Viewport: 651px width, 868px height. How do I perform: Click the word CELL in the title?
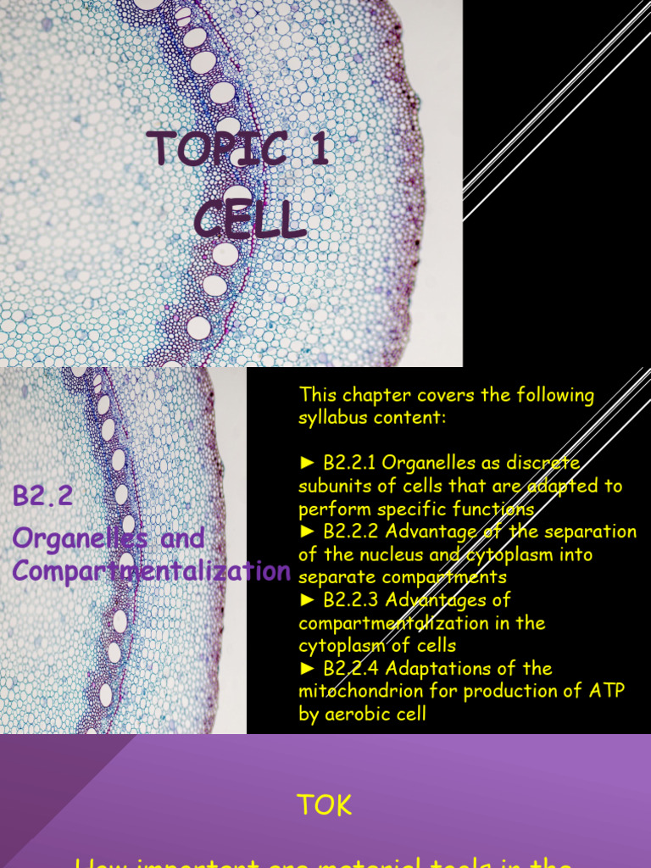(x=249, y=220)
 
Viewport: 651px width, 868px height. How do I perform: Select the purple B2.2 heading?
(x=42, y=496)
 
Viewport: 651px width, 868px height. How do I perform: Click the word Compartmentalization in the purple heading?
(x=152, y=570)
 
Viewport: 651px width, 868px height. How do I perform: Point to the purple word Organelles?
(x=77, y=537)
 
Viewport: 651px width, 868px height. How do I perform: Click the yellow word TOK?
(x=325, y=804)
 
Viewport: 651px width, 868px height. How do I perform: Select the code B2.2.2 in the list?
(x=352, y=531)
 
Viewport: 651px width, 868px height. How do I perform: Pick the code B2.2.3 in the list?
(x=352, y=600)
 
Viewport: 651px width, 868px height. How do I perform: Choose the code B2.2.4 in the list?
(x=352, y=669)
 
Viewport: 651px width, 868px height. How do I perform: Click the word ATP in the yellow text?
(x=605, y=691)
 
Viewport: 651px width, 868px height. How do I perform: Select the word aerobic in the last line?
(x=358, y=714)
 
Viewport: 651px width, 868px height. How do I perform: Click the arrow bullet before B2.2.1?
(x=307, y=463)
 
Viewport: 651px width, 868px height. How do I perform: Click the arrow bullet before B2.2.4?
(x=307, y=669)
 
